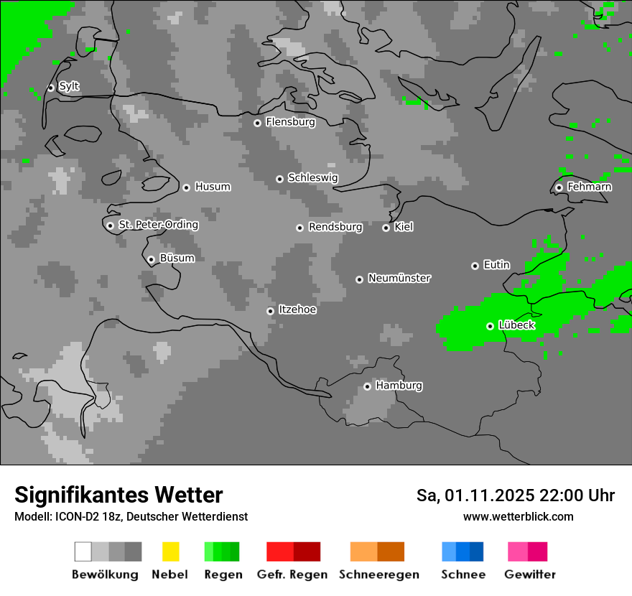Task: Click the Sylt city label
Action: tap(69, 86)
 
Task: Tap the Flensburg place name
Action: tap(290, 122)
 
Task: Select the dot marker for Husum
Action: tap(186, 187)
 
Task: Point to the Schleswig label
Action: tap(312, 177)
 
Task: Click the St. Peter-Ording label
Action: tap(158, 225)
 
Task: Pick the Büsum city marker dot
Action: tap(151, 259)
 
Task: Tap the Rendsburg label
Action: tap(335, 227)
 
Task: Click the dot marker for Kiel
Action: tap(386, 228)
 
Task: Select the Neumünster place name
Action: tap(399, 278)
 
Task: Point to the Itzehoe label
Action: tap(297, 309)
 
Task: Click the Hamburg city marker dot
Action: tap(367, 386)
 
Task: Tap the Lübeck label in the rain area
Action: tap(516, 325)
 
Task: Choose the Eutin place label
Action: tap(496, 265)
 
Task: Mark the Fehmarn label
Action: tap(589, 187)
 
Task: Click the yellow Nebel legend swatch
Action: tap(170, 551)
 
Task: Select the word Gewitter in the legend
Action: tap(530, 574)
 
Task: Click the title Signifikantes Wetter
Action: tap(118, 495)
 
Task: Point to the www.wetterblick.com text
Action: tap(518, 516)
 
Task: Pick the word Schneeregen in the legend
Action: tap(378, 574)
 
